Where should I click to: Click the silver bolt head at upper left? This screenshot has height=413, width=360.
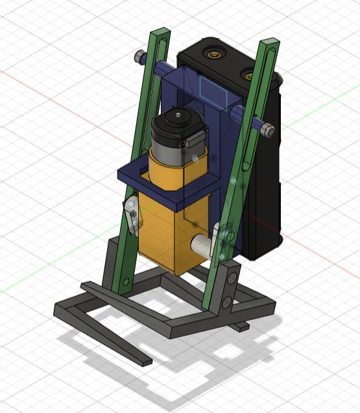(x=139, y=57)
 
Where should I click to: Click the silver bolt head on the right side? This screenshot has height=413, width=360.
(x=269, y=131)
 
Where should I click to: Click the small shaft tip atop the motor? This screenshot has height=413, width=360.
(x=176, y=115)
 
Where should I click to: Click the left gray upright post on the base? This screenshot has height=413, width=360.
(x=112, y=257)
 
